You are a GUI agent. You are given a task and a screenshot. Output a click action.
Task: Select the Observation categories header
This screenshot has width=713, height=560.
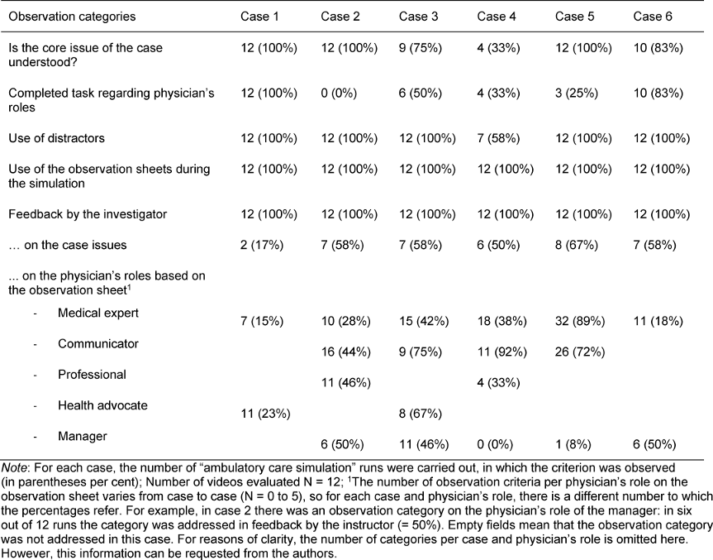coord(72,17)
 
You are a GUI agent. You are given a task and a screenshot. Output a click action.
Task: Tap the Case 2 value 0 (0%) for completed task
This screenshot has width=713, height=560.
coord(339,93)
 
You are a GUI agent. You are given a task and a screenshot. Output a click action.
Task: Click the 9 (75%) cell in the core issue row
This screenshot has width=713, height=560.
coord(421,48)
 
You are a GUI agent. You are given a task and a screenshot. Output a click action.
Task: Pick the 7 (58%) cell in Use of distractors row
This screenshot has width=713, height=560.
coord(498,138)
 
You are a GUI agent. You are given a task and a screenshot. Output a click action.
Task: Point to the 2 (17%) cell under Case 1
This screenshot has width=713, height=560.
coord(262,246)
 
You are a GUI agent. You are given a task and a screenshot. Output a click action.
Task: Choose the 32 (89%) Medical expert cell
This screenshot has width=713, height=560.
coord(580,322)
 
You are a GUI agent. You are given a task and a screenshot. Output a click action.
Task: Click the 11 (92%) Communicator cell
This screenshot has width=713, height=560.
coord(502,352)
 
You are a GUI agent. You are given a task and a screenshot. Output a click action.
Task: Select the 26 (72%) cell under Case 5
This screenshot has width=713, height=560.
coord(580,352)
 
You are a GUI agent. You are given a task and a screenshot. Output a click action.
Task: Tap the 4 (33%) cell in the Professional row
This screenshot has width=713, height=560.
coord(498,383)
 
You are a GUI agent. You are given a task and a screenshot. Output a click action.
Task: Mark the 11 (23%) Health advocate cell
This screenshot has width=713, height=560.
coord(265,414)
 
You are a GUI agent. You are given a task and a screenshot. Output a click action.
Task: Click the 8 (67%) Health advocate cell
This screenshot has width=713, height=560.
coord(421,414)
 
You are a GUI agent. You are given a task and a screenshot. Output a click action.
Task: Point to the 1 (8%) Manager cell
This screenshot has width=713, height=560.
coord(573,444)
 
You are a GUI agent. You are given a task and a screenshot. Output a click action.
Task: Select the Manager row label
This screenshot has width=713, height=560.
coord(83,436)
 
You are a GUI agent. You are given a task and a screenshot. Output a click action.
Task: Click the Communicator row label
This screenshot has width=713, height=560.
coord(98,344)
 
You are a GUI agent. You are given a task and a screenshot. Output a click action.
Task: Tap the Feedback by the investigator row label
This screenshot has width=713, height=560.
coord(88,214)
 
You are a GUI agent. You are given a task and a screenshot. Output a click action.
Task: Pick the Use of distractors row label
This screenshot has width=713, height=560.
coord(56,138)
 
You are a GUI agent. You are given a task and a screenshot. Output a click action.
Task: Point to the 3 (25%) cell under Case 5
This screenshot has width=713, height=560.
coord(577,93)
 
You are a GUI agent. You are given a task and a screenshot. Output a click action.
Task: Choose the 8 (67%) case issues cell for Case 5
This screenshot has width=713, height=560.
coord(577,246)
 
